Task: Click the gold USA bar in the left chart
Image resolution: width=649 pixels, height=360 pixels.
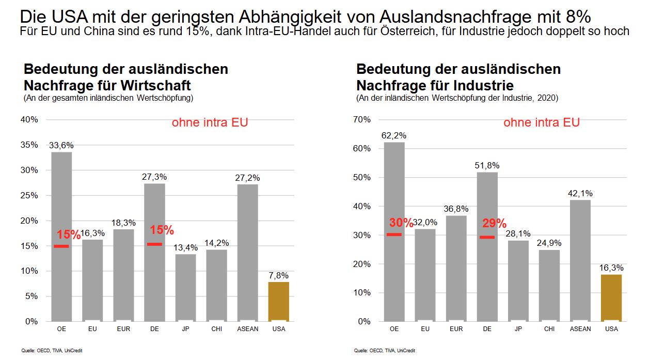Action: pyautogui.click(x=278, y=301)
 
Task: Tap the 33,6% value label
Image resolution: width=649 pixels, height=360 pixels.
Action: pyautogui.click(x=61, y=146)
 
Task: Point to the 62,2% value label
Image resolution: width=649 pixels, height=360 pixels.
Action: pyautogui.click(x=394, y=136)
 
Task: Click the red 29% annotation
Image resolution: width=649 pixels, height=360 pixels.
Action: pyautogui.click(x=494, y=224)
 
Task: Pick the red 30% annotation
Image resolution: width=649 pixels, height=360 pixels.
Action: pyautogui.click(x=401, y=223)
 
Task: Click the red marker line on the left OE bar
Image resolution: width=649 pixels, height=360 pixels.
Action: pyautogui.click(x=61, y=246)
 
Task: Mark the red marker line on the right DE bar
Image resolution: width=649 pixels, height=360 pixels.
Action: pyautogui.click(x=487, y=237)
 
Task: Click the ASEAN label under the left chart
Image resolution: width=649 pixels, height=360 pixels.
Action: pyautogui.click(x=247, y=329)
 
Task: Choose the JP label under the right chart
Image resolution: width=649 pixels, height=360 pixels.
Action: pyautogui.click(x=518, y=329)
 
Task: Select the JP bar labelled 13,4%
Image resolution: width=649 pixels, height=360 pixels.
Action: pyautogui.click(x=185, y=287)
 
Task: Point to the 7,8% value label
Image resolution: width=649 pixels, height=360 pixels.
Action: pyautogui.click(x=279, y=275)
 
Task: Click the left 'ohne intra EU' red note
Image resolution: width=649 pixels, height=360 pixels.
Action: pyautogui.click(x=210, y=123)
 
